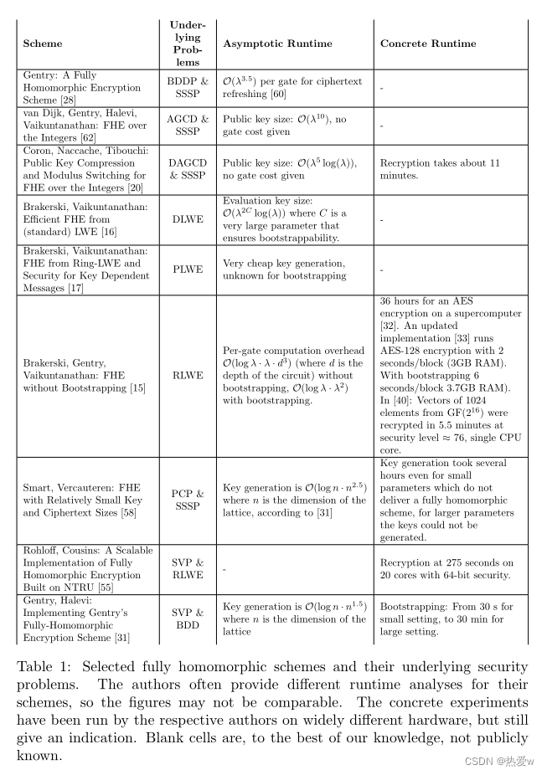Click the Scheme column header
(43, 44)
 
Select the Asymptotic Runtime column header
(277, 44)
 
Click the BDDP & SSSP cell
(188, 88)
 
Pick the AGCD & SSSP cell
(188, 126)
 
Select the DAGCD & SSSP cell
(188, 170)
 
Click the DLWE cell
(188, 220)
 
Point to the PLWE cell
(188, 269)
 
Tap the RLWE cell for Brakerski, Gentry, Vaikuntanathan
(188, 376)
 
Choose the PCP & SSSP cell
(188, 500)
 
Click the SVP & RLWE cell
(188, 570)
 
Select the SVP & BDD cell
(188, 618)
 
